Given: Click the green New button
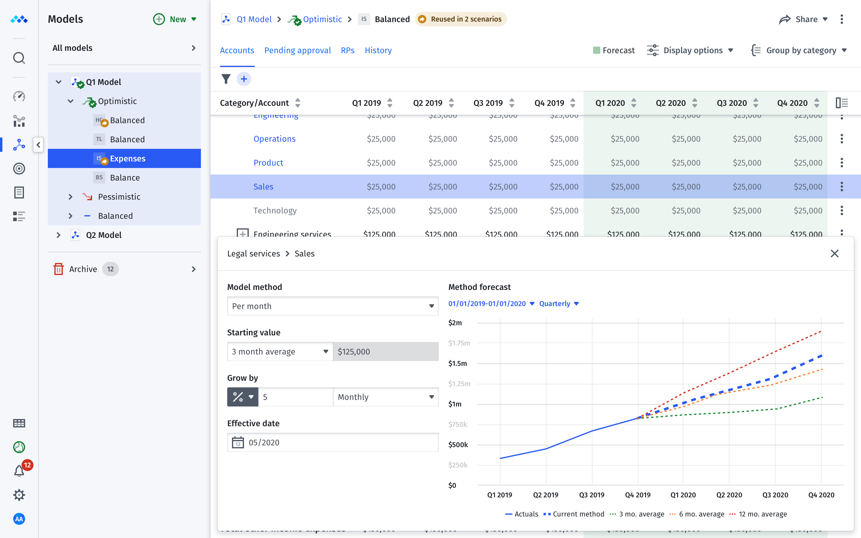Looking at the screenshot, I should pos(174,19).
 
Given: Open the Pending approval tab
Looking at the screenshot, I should pos(297,51).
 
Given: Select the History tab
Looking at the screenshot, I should pos(378,51).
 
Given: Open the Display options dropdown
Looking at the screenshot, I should pos(690,51).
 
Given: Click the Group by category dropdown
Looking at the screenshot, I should pos(799,51).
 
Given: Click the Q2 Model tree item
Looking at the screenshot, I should pos(103,235).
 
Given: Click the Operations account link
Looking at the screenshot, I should pos(274,139).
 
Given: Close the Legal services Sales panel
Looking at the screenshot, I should pos(834,254).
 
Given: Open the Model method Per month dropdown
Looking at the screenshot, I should pos(332,306).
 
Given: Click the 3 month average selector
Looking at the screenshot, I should pos(280,351).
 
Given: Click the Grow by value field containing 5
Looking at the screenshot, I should pos(295,397).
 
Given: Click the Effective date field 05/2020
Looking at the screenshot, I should pos(332,442).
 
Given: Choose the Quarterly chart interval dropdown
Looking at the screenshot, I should pos(558,303).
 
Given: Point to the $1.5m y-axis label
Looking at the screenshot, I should pos(457,363).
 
